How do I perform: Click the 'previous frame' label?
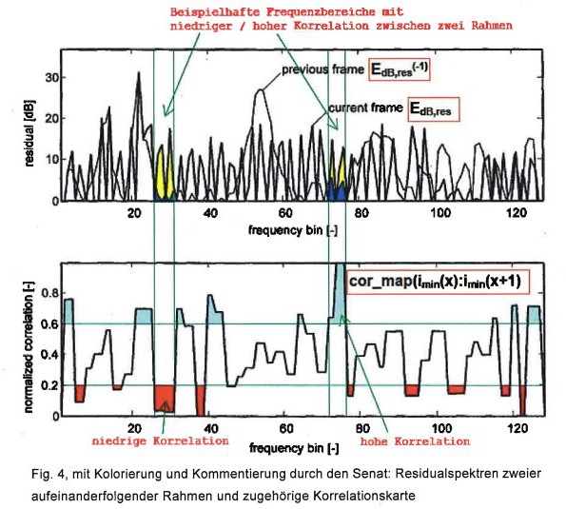[322, 69]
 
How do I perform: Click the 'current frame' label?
[365, 108]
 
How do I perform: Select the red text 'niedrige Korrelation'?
[160, 440]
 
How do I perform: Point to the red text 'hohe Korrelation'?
[415, 441]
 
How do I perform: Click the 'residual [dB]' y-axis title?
[29, 133]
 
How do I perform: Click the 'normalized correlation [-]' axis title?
[29, 347]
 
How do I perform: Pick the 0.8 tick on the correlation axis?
[49, 293]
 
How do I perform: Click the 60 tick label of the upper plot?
[285, 213]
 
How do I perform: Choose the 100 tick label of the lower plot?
[441, 428]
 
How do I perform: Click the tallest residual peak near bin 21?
[139, 73]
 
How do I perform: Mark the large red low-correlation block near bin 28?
[165, 399]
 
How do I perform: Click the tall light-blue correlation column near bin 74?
[340, 292]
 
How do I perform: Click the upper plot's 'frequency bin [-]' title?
[293, 230]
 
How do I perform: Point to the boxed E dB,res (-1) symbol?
[400, 69]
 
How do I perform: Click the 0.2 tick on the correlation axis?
[49, 385]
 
